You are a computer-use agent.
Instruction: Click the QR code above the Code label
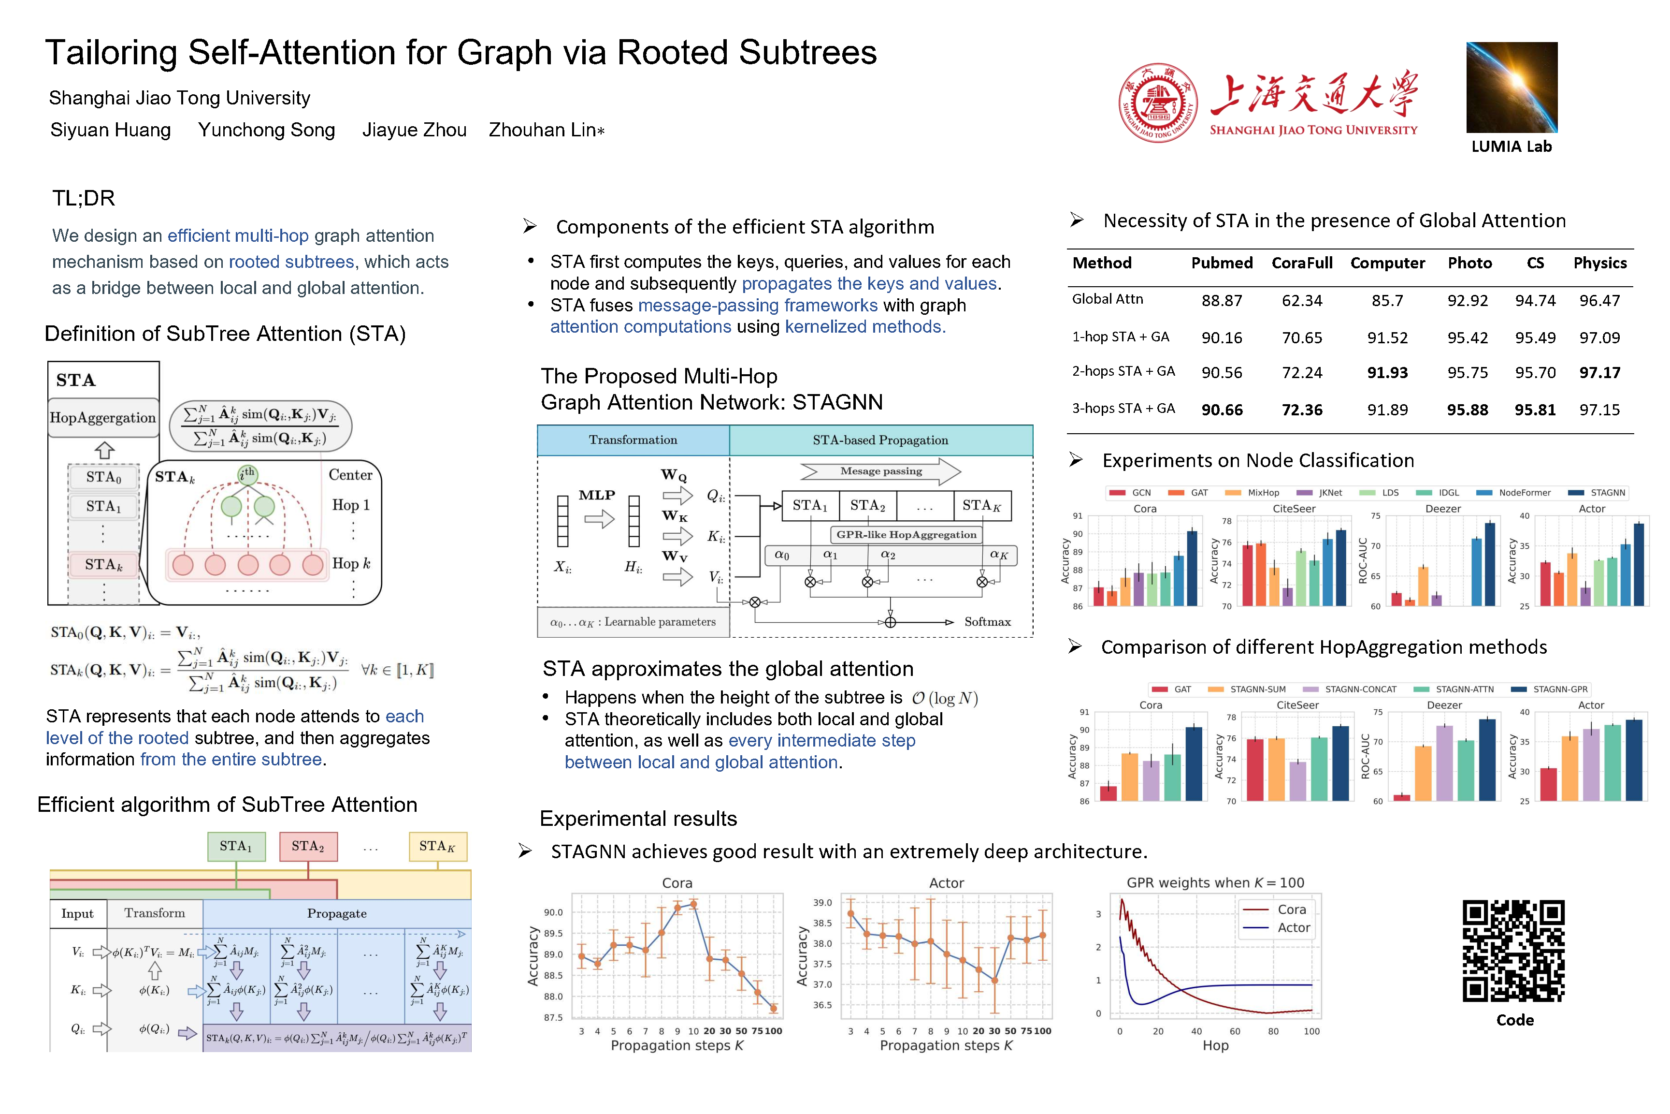[1513, 951]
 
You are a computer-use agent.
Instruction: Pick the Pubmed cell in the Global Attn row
[1221, 301]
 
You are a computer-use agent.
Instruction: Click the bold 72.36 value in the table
[1301, 410]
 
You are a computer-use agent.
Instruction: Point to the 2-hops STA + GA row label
[1123, 371]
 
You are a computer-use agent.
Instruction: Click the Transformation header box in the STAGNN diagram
[633, 440]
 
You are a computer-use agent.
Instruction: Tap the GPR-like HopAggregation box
[906, 535]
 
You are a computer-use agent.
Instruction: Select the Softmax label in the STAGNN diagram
[987, 622]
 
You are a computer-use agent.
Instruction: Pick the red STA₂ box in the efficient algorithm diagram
[308, 846]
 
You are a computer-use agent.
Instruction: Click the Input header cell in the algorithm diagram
[77, 914]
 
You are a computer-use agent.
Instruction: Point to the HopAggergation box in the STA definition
[103, 418]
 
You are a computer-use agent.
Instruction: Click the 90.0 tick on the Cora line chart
[553, 912]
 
